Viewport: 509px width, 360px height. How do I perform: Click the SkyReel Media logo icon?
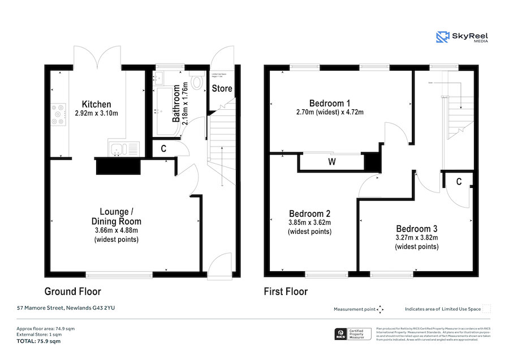[x=442, y=37]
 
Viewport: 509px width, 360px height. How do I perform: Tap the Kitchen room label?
[x=96, y=104]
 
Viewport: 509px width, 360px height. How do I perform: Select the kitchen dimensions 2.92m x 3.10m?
[x=96, y=113]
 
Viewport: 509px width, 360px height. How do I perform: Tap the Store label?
[x=222, y=88]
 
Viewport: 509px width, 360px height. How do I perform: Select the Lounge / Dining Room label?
[x=116, y=217]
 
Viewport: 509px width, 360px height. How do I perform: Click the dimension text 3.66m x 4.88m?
[x=116, y=230]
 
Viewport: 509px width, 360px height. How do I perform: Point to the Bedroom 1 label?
[x=330, y=103]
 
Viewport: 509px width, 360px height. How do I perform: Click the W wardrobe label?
[x=331, y=162]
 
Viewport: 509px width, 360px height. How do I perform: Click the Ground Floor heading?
[x=72, y=292]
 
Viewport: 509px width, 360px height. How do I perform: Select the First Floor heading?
[x=286, y=292]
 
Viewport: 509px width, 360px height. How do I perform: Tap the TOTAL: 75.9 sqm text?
[x=38, y=341]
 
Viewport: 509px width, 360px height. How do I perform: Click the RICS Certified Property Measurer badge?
[x=353, y=335]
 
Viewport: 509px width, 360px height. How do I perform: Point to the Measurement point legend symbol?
[x=381, y=309]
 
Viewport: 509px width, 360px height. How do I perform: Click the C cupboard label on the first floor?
[x=459, y=182]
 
